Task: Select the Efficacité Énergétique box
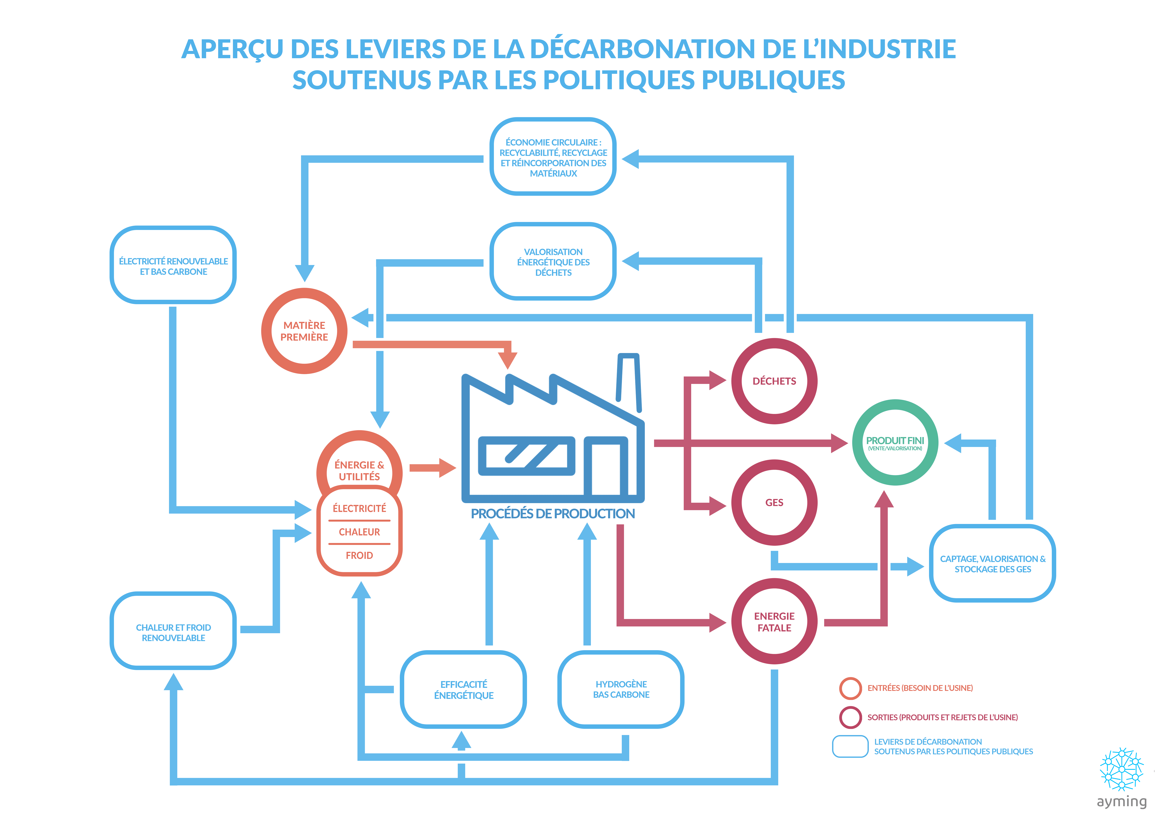pyautogui.click(x=464, y=689)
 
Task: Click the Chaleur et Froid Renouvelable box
pyautogui.click(x=173, y=632)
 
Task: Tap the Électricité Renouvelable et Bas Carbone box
pyautogui.click(x=173, y=266)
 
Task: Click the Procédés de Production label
pyautogui.click(x=552, y=513)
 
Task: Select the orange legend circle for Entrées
pyautogui.click(x=850, y=688)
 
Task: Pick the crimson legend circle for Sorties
pyautogui.click(x=850, y=717)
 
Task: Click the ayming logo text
pyautogui.click(x=1121, y=802)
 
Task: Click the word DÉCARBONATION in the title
pyautogui.click(x=642, y=49)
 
